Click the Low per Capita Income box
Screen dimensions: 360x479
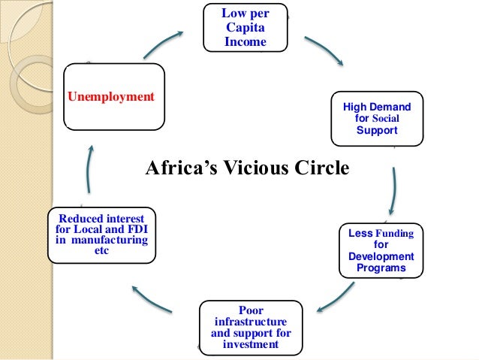[245, 28]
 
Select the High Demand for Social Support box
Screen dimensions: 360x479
[377, 119]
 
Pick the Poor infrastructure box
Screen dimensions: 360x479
[251, 327]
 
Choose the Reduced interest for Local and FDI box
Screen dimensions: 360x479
[102, 234]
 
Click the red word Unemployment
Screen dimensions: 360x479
[111, 97]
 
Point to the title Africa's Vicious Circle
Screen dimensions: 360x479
[247, 168]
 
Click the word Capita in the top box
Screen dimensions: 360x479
[245, 28]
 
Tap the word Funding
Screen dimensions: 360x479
[394, 234]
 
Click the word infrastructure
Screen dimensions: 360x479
[251, 322]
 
